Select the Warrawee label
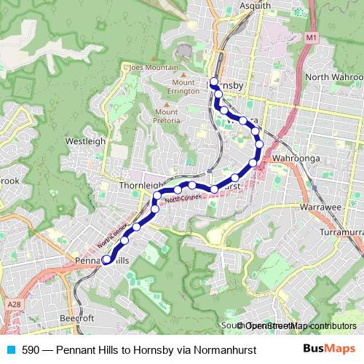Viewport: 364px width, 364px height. (x=320, y=207)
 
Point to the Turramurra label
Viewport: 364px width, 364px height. (x=341, y=232)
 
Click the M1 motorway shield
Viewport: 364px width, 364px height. (x=312, y=36)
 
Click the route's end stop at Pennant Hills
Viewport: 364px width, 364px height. (x=106, y=259)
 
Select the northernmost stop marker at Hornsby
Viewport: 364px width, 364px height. (x=213, y=81)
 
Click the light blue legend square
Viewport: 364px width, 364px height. (x=11, y=349)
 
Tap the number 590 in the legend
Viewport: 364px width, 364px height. (x=31, y=349)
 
